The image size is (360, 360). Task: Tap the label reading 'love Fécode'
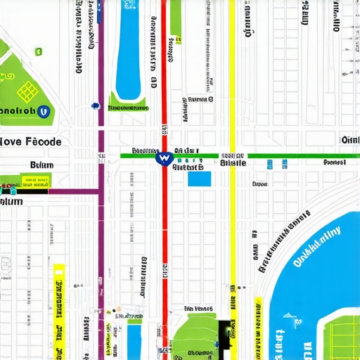(31, 141)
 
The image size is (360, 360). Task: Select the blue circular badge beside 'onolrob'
(44, 110)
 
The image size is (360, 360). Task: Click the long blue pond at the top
(128, 49)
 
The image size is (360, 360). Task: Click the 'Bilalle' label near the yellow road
(233, 162)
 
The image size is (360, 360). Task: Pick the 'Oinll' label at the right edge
(349, 140)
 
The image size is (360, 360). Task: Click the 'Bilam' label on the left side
(42, 166)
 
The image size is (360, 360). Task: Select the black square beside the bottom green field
(226, 328)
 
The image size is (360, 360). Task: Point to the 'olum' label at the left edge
(11, 201)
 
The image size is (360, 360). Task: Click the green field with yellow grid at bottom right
(340, 338)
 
